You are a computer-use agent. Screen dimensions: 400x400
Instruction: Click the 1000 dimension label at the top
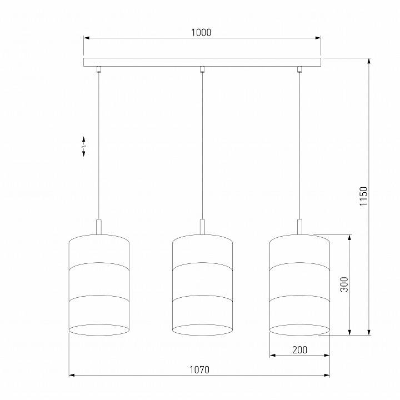point(201,33)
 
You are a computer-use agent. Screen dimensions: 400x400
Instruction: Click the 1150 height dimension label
point(363,196)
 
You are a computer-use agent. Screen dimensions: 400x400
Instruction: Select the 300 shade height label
point(344,285)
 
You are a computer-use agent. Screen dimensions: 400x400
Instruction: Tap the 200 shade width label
point(299,350)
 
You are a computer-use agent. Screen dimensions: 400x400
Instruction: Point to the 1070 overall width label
point(199,370)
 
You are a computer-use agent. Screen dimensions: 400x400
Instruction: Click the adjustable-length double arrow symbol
point(84,147)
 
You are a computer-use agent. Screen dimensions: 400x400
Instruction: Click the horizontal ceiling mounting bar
point(202,62)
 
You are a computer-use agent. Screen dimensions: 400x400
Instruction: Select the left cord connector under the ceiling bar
point(99,69)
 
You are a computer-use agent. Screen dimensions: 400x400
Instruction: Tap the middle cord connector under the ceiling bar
point(202,69)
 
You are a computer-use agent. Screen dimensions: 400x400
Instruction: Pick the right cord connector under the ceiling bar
point(299,69)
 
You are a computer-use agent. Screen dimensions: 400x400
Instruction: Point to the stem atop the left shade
point(99,226)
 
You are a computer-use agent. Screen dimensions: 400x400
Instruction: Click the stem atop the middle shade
point(202,226)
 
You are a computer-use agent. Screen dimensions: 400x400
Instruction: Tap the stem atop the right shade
point(299,226)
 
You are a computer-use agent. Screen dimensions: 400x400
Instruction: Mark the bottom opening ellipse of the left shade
point(99,329)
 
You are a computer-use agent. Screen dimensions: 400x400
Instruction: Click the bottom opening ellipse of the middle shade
point(202,329)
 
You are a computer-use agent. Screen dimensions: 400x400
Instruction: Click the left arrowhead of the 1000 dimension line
point(86,38)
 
